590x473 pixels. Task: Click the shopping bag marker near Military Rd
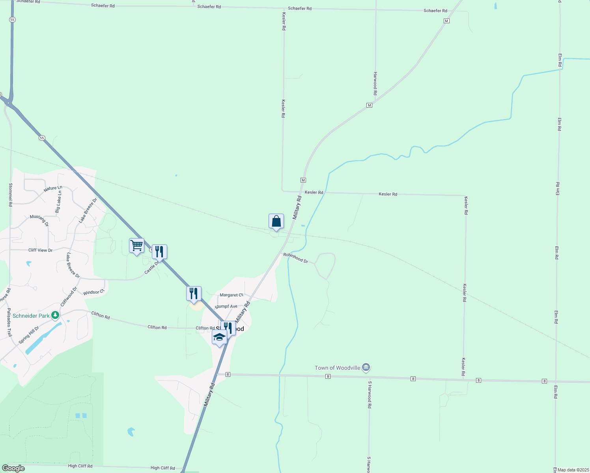coord(276,222)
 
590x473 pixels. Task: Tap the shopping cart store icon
coord(136,246)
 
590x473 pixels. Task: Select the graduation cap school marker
coord(219,338)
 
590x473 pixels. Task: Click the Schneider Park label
coord(31,316)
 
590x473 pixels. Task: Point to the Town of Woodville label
coord(337,368)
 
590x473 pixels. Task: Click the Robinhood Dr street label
coord(296,258)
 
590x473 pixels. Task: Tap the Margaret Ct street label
coord(232,295)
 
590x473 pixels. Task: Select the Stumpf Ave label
coord(226,306)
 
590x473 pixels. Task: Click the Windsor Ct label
coord(93,292)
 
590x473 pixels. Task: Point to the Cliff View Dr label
coord(40,250)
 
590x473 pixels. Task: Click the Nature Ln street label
coord(53,188)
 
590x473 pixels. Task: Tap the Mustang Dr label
coord(39,220)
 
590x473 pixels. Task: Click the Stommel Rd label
coord(11,195)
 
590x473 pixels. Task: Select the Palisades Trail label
coord(9,322)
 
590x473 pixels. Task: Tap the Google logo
coord(13,468)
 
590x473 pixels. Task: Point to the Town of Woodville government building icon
coord(366,368)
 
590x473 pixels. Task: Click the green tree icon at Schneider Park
coord(55,315)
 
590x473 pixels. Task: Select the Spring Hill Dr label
coord(29,334)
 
